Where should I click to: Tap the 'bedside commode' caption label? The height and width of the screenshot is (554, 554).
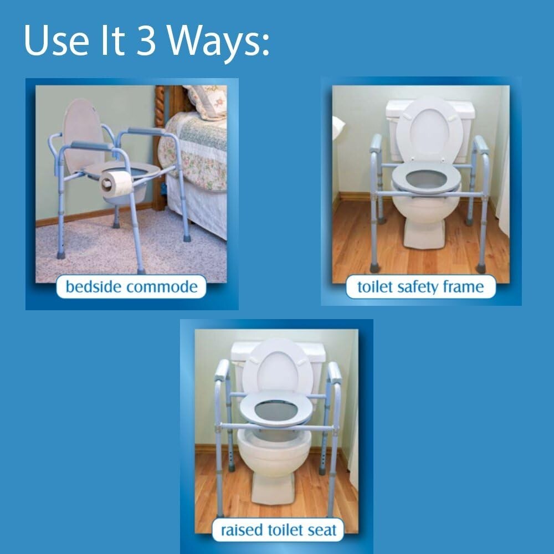coord(131,287)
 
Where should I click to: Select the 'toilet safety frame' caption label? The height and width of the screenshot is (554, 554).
coord(420,287)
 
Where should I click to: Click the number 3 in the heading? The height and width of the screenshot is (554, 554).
coord(146,42)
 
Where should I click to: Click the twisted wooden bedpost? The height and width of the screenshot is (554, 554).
coord(160,111)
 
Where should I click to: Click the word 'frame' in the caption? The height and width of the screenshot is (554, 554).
coord(464,287)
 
